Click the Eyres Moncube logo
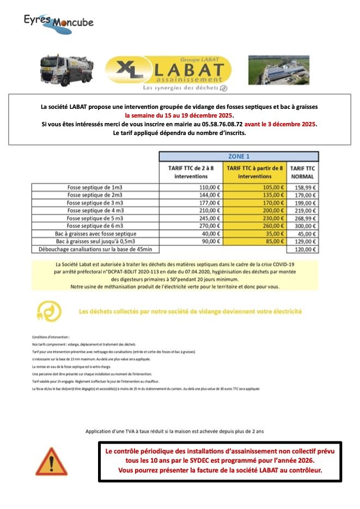[x=58, y=23]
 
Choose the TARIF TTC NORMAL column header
[x=303, y=173]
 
